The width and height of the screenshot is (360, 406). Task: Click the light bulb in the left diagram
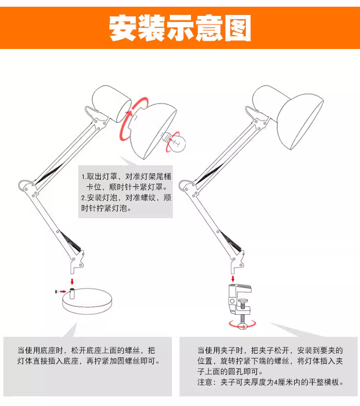[x=176, y=142]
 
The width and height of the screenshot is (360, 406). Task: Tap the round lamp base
[x=87, y=301]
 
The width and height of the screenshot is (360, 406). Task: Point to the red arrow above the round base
[x=72, y=282]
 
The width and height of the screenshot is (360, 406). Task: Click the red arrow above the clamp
[x=233, y=279]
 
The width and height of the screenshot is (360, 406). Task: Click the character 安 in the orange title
[x=122, y=27]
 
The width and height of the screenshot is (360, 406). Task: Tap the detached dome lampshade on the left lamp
[x=153, y=131]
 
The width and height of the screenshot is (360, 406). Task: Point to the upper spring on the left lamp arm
[x=49, y=174]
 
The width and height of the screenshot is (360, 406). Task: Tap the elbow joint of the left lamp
[x=27, y=186]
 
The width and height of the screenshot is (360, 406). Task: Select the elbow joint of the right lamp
[x=188, y=186]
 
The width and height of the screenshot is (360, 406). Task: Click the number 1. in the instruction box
[x=84, y=177]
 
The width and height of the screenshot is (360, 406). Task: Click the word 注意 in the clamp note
[x=205, y=382]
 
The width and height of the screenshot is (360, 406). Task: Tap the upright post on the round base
[x=72, y=294]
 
